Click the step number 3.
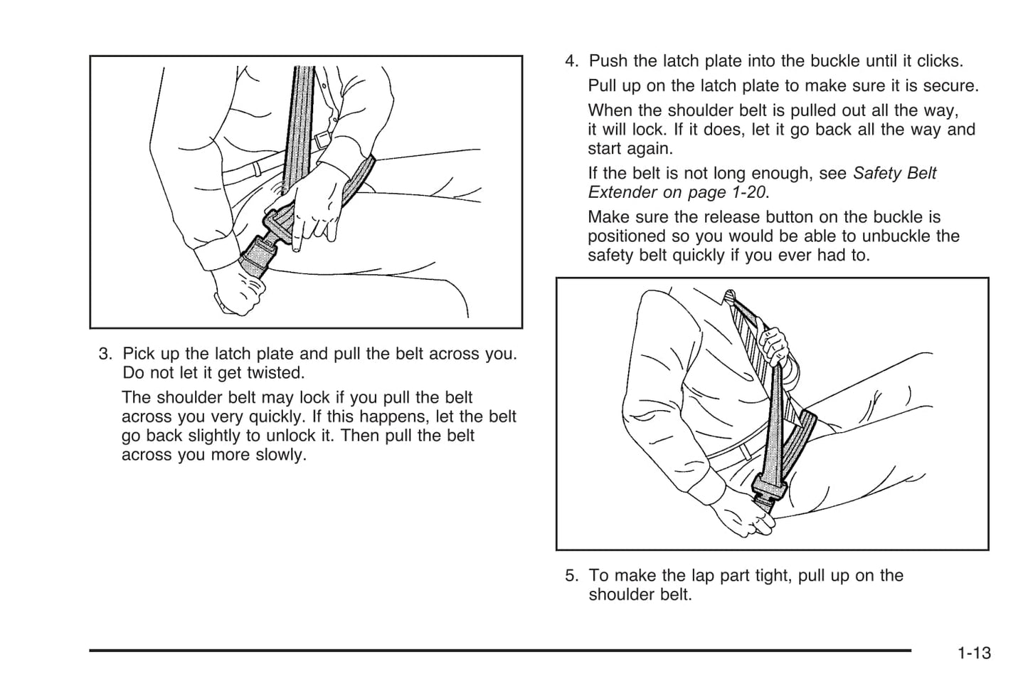pos(105,354)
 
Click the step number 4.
pos(571,61)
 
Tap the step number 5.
pos(571,575)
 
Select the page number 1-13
pos(973,653)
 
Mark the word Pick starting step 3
pos(137,354)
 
